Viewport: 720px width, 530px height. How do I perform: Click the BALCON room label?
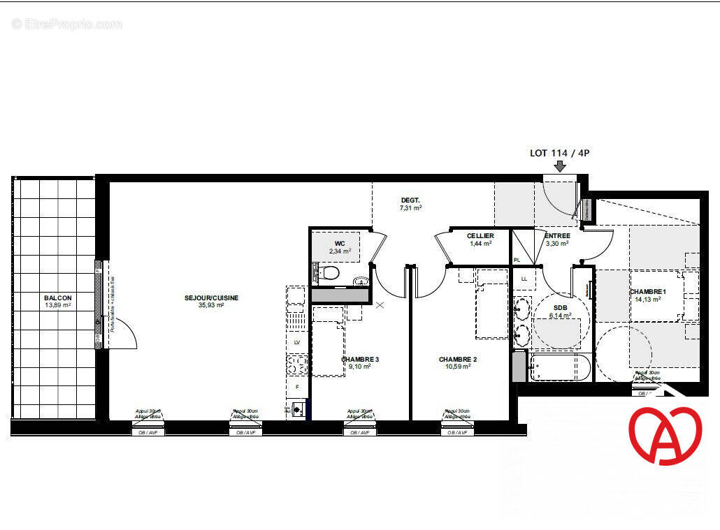point(58,297)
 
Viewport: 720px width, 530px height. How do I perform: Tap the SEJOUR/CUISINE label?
point(211,297)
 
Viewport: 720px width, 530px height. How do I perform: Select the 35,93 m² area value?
point(211,305)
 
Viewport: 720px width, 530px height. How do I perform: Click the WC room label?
point(340,243)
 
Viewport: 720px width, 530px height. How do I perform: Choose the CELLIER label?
point(480,236)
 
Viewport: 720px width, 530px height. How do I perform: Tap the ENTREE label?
point(557,236)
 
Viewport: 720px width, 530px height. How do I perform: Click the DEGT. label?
point(410,200)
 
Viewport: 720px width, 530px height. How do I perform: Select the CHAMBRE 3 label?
point(360,360)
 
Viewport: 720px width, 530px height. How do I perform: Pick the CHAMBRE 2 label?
point(457,360)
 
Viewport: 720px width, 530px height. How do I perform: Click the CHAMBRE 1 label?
point(648,292)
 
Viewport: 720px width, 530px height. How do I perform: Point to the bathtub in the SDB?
point(560,367)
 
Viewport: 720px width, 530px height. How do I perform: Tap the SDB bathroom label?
point(560,307)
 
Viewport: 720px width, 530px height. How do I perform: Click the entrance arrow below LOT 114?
point(560,165)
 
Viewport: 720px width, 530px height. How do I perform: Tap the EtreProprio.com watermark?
point(67,24)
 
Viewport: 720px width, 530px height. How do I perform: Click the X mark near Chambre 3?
point(380,305)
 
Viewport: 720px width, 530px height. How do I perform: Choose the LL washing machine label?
point(524,279)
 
